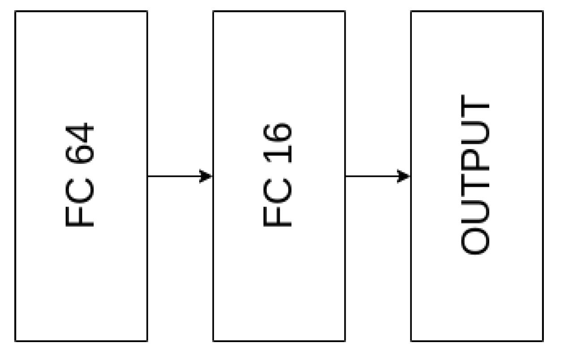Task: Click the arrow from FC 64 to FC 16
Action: (179, 176)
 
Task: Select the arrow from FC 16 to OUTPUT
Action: (377, 176)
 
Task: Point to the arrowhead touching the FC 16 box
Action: (206, 176)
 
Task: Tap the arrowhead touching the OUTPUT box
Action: (404, 176)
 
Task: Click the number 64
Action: (81, 143)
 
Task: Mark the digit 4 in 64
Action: (81, 133)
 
